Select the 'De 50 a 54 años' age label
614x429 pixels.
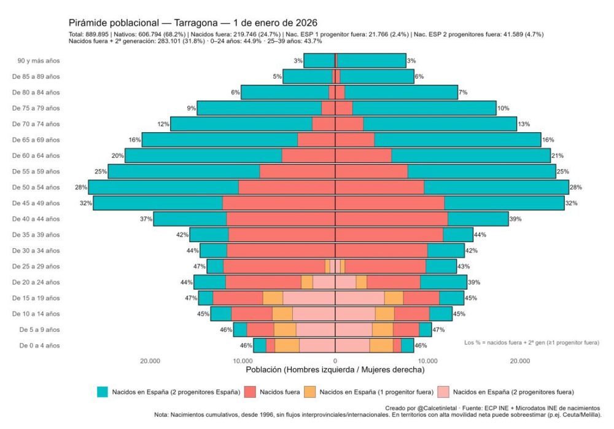pos(36,187)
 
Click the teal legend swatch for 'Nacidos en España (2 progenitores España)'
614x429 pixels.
pos(102,392)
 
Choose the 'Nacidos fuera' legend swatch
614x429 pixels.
pos(250,392)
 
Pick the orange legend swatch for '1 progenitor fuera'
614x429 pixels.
pos(310,392)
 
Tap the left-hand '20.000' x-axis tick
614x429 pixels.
pos(150,361)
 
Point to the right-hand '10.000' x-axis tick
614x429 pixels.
pos(427,361)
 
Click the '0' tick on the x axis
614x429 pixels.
pos(335,361)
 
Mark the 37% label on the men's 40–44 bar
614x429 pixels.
pos(146,219)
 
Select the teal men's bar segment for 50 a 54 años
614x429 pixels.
pos(163,187)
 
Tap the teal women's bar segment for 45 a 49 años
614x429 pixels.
pos(504,203)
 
